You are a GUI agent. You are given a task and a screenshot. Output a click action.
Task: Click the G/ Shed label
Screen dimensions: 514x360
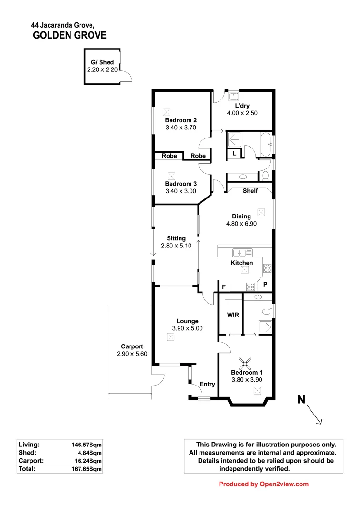coord(102,62)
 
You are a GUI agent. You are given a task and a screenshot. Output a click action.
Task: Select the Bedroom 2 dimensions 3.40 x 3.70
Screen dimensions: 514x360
coord(180,128)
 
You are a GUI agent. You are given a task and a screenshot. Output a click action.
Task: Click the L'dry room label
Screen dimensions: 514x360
coord(242,106)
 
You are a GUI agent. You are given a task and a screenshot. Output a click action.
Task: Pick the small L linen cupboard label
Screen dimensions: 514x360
coord(234,153)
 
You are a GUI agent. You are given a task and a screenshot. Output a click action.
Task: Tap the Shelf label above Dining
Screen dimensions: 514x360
coord(250,191)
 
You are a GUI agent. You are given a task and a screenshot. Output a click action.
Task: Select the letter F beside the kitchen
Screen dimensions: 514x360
coord(223,287)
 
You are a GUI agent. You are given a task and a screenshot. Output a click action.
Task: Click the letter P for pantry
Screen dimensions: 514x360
coord(266,284)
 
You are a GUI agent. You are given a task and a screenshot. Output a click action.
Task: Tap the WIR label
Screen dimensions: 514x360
coord(233,315)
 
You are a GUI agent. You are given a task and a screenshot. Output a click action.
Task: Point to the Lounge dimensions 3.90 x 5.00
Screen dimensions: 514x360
coord(187,328)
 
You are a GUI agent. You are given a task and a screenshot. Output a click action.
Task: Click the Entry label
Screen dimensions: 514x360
coord(207,384)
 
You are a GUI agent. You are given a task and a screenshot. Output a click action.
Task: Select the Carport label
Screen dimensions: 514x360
coord(132,346)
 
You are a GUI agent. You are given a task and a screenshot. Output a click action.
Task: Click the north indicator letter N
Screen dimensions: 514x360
coord(301,400)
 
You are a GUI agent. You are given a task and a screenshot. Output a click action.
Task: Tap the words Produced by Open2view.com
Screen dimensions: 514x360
coord(263,484)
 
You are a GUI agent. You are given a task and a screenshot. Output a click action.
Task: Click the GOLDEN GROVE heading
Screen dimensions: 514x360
coord(70,35)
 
